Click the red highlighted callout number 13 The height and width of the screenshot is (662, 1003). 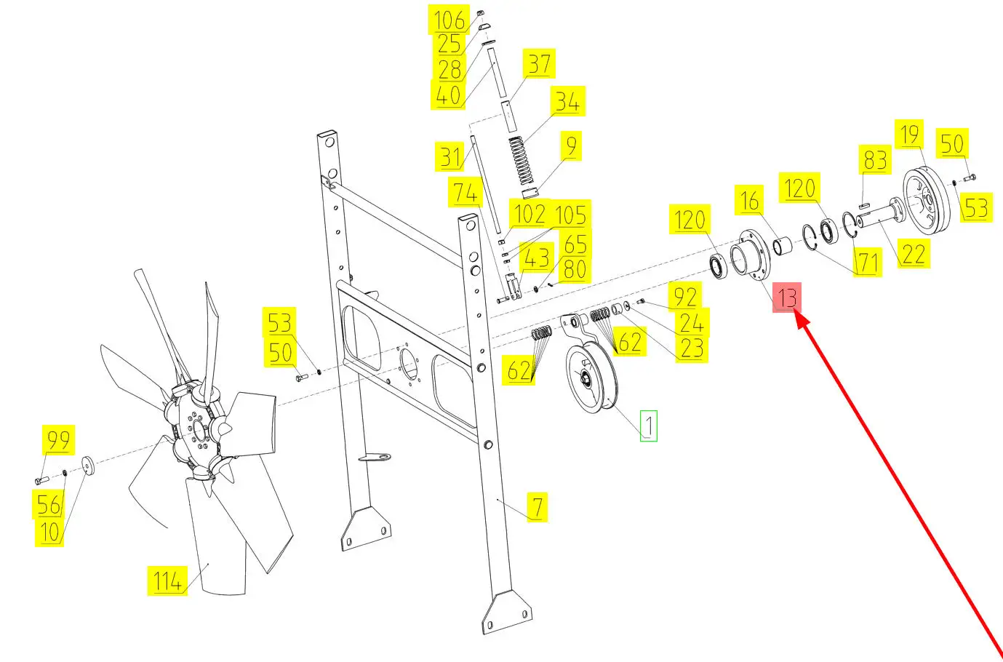coord(787,298)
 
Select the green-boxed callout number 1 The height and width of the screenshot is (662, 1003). coord(648,426)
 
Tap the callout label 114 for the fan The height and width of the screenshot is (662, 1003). coord(167,581)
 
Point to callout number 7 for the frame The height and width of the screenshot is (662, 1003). coord(538,507)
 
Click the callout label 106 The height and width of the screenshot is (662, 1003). coord(449,20)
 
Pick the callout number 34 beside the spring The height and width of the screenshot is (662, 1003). coord(568,101)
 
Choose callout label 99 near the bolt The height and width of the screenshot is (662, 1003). coord(58,440)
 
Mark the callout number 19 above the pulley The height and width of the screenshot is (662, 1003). coord(909,134)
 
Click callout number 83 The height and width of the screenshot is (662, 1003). coord(874,159)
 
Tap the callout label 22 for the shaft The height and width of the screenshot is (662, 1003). coord(914,253)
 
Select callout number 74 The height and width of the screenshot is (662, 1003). coord(465,192)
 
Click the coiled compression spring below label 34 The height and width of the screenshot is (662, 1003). coord(522,161)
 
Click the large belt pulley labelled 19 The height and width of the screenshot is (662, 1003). coord(927,199)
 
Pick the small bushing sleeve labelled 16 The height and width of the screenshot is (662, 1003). coord(782,246)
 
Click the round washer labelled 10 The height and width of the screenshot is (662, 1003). coord(88,466)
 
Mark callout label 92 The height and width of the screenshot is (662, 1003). coord(684,297)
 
